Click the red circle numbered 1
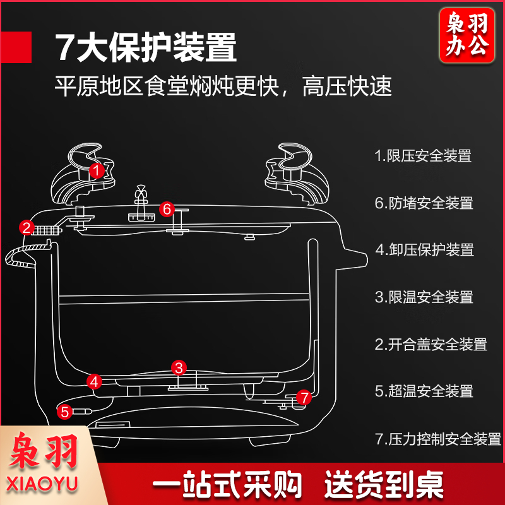[x=96, y=170]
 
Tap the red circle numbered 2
[x=27, y=227]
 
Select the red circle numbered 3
[x=179, y=367]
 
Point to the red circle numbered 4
[x=94, y=381]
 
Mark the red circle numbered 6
[x=167, y=209]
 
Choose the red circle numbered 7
[x=304, y=398]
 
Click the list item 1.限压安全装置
[x=423, y=156]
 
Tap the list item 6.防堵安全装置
[x=423, y=203]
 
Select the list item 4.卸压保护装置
[x=424, y=250]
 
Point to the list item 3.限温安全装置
[x=423, y=297]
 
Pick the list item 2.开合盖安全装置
[x=431, y=344]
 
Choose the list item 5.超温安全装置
[x=423, y=391]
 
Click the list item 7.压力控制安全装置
[x=437, y=439]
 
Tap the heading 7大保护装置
[x=146, y=47]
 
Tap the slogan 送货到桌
[x=384, y=485]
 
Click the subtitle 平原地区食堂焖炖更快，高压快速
[x=223, y=86]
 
